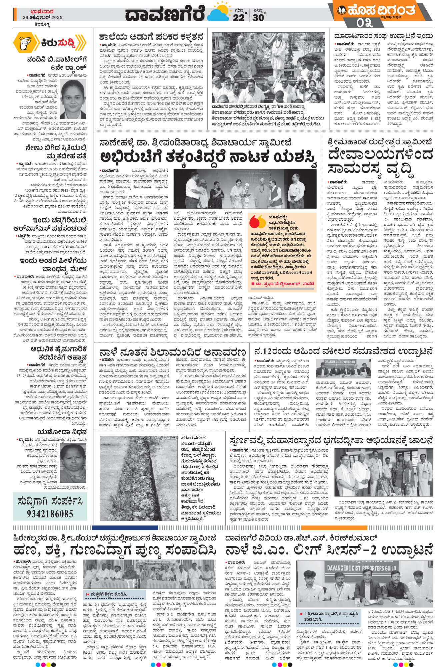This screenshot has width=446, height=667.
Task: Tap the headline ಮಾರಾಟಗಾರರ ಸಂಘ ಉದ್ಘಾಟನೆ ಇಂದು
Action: (384, 36)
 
